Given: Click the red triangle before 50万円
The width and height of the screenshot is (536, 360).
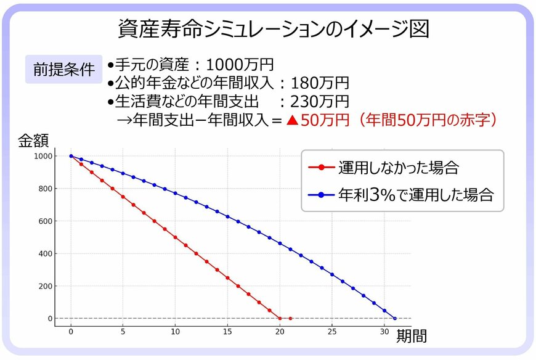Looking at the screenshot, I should click(293, 120).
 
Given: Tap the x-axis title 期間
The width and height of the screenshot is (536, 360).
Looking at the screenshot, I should click(411, 337).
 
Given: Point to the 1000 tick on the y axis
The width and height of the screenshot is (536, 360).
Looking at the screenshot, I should click(44, 157).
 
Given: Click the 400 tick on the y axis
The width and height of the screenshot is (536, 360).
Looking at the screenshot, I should click(46, 254).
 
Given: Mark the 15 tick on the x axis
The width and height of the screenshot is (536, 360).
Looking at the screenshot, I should click(227, 331).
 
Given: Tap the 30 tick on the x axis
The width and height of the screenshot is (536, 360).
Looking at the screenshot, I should click(384, 331).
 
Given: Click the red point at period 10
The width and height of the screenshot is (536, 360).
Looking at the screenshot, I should click(176, 237).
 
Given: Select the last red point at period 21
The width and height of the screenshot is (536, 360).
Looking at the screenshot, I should click(290, 319).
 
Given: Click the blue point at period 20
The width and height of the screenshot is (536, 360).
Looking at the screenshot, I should click(280, 243).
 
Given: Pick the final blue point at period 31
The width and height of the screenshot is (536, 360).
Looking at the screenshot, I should click(395, 319).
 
